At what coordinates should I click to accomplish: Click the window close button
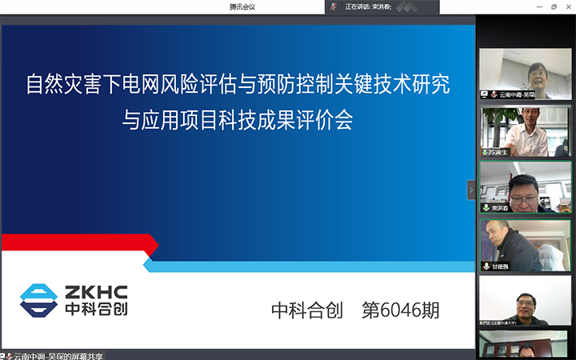pos(568,6)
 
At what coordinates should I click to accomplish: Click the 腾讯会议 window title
pos(242,6)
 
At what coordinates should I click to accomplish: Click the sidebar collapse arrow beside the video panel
pos(471,190)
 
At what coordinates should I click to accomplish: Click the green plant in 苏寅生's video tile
pos(490,120)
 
